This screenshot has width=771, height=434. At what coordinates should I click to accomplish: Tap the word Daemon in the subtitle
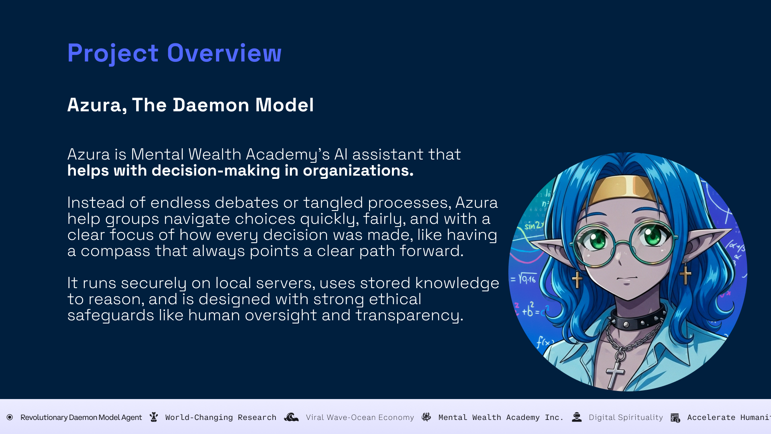(x=211, y=105)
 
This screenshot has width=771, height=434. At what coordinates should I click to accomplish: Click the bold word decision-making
(x=216, y=171)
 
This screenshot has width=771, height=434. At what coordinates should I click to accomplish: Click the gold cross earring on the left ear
(x=577, y=278)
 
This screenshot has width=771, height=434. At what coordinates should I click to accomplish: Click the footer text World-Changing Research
(x=221, y=418)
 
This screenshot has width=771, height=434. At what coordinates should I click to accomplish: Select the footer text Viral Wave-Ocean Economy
(x=360, y=418)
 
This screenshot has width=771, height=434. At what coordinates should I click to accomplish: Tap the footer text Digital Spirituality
(x=626, y=418)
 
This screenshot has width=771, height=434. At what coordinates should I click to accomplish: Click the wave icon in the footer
(x=291, y=418)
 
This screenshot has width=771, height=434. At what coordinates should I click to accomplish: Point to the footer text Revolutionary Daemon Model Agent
(x=81, y=418)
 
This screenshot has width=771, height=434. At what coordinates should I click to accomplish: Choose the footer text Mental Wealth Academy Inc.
(x=501, y=418)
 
